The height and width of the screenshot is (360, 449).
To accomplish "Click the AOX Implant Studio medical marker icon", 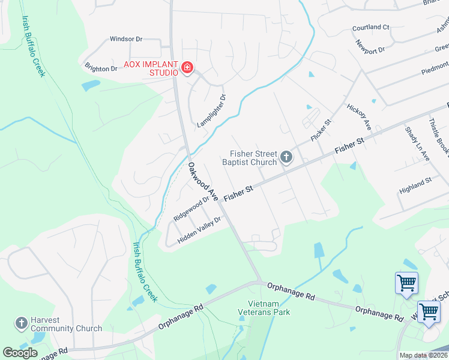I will [x=187, y=68].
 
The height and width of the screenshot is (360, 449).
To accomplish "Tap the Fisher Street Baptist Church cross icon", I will [x=286, y=158].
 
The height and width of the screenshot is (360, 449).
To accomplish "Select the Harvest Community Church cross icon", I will [x=21, y=323].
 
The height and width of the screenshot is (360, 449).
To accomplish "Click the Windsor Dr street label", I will [x=126, y=39].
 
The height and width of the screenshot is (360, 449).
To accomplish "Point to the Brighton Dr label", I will [x=101, y=68].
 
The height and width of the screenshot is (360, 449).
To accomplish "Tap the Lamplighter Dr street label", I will [x=212, y=111].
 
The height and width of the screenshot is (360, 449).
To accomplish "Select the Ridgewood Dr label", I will [x=191, y=208].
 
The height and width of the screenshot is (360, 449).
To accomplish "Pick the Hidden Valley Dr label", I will [x=199, y=230].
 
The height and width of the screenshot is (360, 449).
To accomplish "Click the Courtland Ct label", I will [x=371, y=28].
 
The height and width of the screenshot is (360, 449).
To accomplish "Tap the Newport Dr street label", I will [x=370, y=47].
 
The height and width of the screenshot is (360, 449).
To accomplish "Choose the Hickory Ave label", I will [x=360, y=116].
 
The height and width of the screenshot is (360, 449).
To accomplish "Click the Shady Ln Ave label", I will [x=417, y=143].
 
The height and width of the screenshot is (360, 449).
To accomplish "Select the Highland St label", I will [x=415, y=188].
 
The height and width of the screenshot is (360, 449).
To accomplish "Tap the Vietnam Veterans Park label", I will [x=269, y=307].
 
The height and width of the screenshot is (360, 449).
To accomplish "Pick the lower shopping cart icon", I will [x=429, y=311].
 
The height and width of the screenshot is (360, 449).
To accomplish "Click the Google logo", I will [x=20, y=352].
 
